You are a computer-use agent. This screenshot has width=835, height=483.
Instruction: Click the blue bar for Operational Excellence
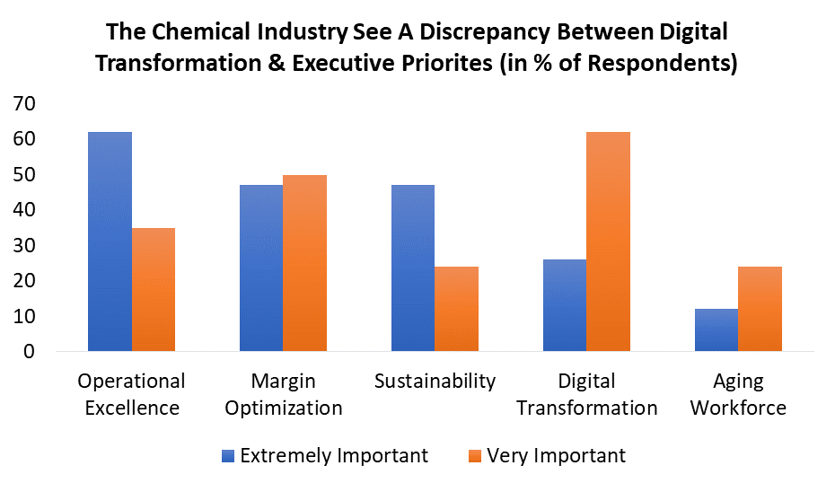point(110,241)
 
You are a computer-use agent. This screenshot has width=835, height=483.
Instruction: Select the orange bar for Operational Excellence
point(154,289)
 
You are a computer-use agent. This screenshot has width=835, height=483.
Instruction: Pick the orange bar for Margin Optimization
point(305,262)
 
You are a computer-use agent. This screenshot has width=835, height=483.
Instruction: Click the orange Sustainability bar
point(457,309)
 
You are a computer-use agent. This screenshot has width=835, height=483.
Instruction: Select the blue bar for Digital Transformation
point(565,305)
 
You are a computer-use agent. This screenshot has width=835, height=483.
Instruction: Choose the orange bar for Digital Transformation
point(609,241)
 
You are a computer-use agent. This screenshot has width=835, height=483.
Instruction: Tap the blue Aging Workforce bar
point(716,329)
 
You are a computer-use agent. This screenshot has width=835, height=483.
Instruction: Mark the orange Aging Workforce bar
point(760,309)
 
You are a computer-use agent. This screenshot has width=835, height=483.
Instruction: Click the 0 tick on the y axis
point(29,352)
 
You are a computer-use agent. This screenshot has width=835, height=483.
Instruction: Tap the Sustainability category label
point(435,381)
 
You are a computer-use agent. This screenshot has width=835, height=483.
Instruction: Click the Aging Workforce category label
point(739,394)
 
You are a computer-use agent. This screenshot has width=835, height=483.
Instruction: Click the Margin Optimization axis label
point(283,394)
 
